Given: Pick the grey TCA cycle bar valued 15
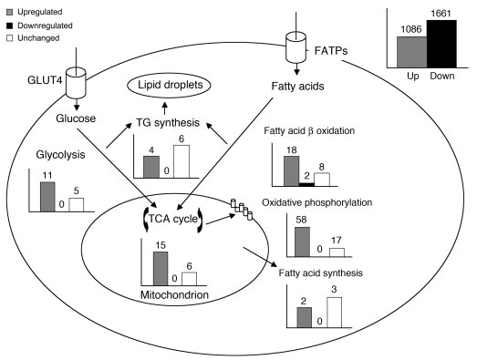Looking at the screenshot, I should point(161,268).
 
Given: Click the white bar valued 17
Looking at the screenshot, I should point(337,252).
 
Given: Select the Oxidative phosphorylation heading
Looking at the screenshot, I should point(318,203).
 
